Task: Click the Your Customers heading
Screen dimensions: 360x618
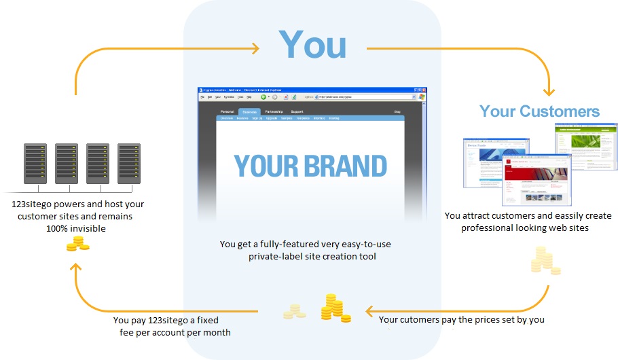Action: [x=539, y=111]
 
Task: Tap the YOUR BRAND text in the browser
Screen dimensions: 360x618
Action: [x=310, y=166]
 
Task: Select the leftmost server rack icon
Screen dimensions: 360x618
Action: [x=35, y=163]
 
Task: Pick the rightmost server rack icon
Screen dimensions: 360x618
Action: [x=128, y=163]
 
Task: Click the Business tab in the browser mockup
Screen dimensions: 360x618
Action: [x=249, y=111]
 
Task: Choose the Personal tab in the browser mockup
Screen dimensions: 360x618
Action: [x=227, y=111]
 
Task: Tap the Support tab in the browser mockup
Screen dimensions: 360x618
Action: [x=297, y=111]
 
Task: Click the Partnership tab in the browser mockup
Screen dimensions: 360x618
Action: [x=274, y=111]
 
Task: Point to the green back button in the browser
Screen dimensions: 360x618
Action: [x=263, y=97]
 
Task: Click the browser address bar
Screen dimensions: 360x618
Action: [x=367, y=97]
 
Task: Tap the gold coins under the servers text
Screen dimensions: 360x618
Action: [x=77, y=245]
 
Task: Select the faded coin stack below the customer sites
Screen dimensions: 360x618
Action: [x=545, y=260]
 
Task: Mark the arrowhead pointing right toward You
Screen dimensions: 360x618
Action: [x=255, y=48]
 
